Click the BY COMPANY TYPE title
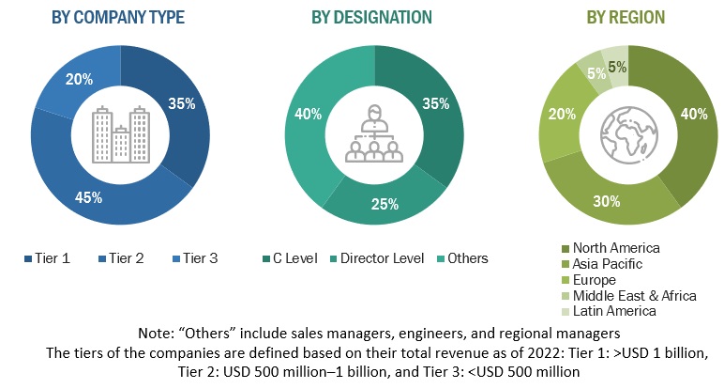pyautogui.click(x=120, y=18)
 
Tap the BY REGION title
pyautogui.click(x=626, y=18)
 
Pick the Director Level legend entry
pyautogui.click(x=380, y=257)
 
